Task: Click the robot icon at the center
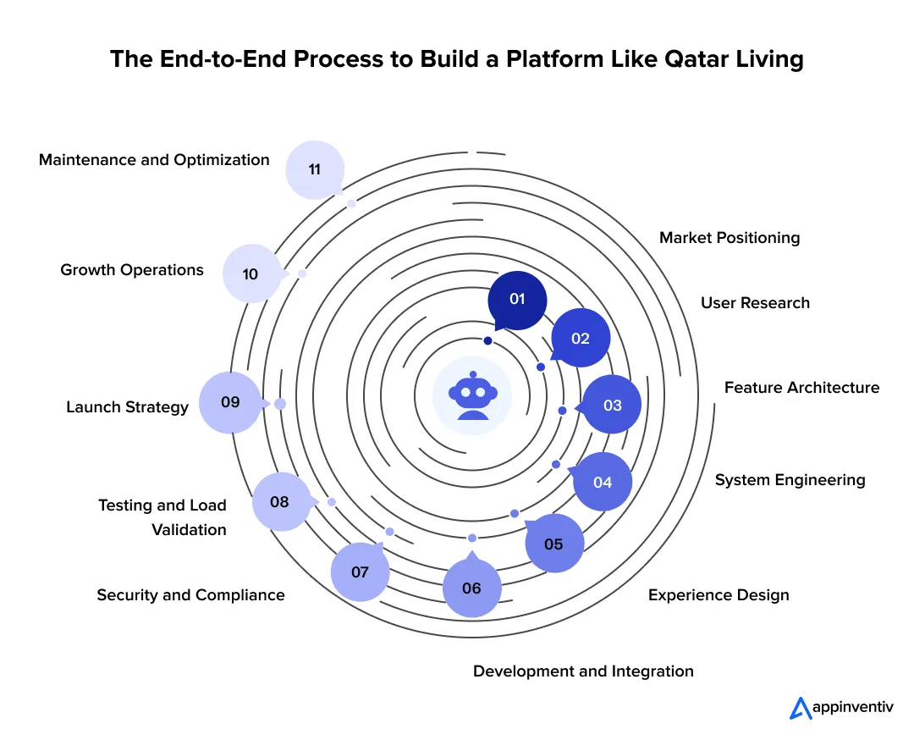point(472,395)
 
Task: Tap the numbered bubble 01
point(517,300)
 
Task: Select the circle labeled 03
point(612,406)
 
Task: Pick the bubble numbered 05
point(553,544)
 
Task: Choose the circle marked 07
point(360,572)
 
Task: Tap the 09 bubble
point(230,403)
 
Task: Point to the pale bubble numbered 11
point(315,170)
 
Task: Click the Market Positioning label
point(729,238)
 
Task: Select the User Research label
point(755,303)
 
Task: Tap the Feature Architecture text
point(801,388)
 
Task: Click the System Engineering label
point(790,480)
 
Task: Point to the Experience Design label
point(719,595)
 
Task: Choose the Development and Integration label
point(583,671)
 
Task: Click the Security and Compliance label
point(190,595)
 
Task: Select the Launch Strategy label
point(127,407)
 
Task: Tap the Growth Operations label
point(132,270)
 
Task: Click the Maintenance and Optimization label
point(154,160)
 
